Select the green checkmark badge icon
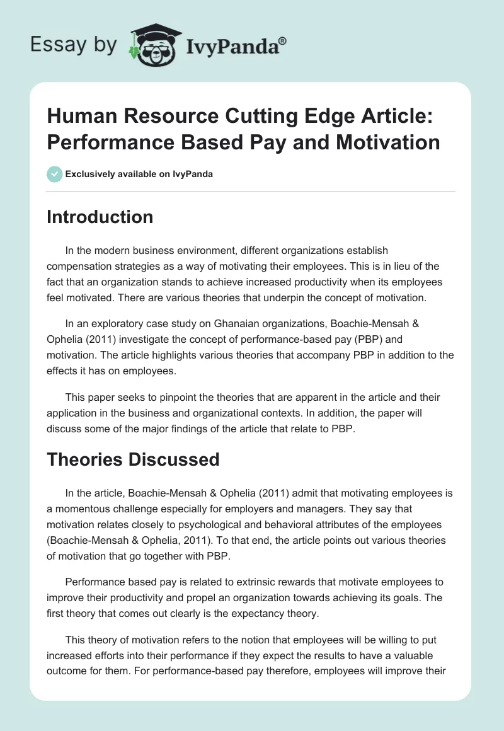pos(54,174)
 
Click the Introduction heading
pos(100,217)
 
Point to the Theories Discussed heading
pos(133,459)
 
